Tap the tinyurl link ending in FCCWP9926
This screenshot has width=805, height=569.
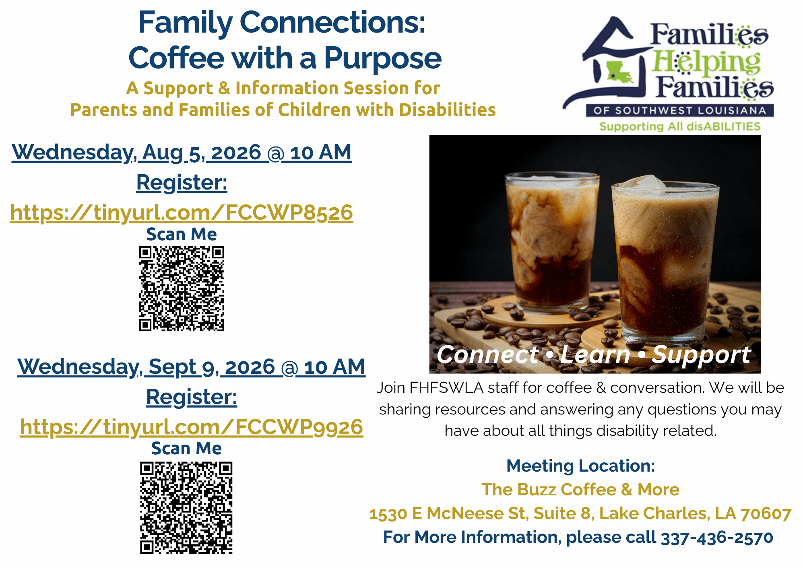191,427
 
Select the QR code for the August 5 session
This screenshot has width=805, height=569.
182,289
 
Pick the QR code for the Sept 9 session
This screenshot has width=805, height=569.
186,508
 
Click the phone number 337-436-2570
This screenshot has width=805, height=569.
717,537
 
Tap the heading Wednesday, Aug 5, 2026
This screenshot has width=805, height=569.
182,153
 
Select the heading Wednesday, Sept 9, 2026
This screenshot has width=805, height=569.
191,367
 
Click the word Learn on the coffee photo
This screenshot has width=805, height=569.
595,355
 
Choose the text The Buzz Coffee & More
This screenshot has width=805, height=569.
580,490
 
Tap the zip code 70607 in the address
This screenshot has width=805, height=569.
766,514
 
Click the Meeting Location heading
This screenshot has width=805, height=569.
580,466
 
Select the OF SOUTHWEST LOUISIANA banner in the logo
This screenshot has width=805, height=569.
679,110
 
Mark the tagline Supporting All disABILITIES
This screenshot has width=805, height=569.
680,126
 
